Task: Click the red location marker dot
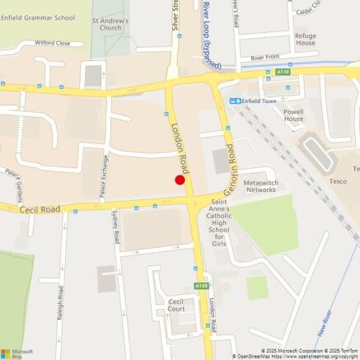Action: point(180,180)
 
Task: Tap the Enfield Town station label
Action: point(261,100)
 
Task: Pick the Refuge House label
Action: point(305,40)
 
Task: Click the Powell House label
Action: point(293,115)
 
